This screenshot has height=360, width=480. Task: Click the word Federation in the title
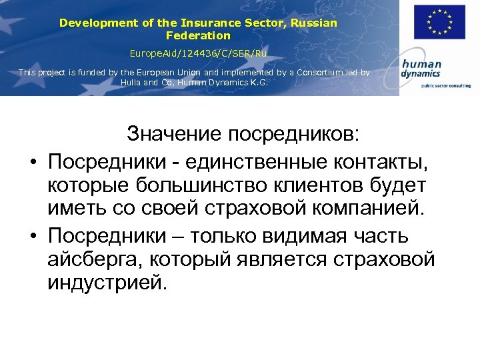click(x=198, y=35)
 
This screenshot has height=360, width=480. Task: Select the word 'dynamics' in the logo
click(x=420, y=75)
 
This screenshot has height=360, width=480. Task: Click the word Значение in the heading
click(x=175, y=135)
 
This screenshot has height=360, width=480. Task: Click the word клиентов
click(x=320, y=186)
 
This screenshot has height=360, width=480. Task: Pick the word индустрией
click(x=104, y=283)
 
